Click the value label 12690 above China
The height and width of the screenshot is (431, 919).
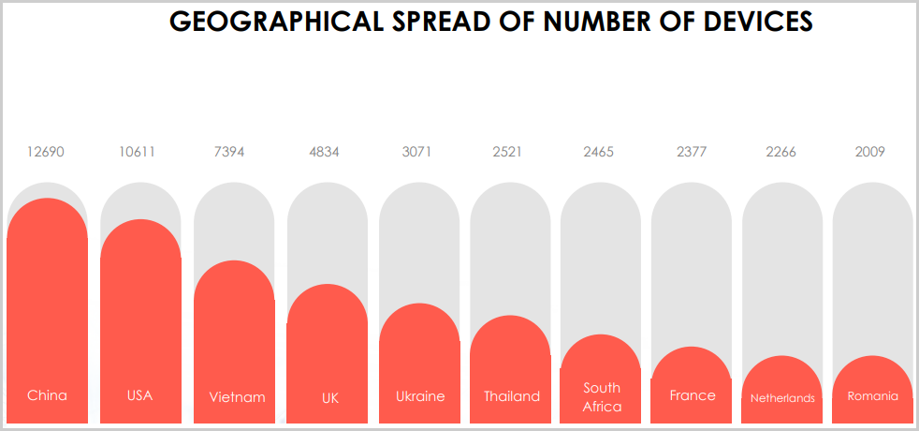[46, 152]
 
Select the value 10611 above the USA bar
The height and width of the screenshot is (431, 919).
[138, 152]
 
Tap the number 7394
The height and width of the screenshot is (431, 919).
[231, 152]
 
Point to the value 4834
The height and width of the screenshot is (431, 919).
[325, 152]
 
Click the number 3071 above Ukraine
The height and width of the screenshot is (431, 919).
[416, 152]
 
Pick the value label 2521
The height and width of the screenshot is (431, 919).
[507, 152]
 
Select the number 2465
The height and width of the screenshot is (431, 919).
[599, 152]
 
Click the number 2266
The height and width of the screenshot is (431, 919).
[780, 152]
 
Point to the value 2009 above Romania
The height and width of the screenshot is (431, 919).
[870, 152]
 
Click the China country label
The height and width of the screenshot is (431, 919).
[47, 395]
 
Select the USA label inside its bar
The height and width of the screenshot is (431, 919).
[139, 395]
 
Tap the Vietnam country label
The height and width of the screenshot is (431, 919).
[237, 397]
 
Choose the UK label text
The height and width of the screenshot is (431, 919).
[330, 398]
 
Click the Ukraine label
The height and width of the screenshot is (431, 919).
[420, 396]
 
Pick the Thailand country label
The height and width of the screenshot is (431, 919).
[512, 396]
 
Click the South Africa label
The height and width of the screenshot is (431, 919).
[602, 397]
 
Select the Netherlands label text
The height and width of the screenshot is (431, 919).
[782, 398]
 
